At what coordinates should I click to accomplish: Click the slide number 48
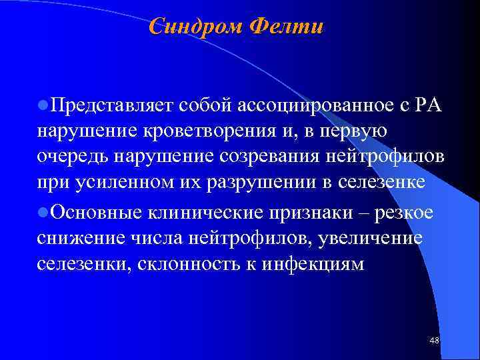(x=435, y=341)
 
